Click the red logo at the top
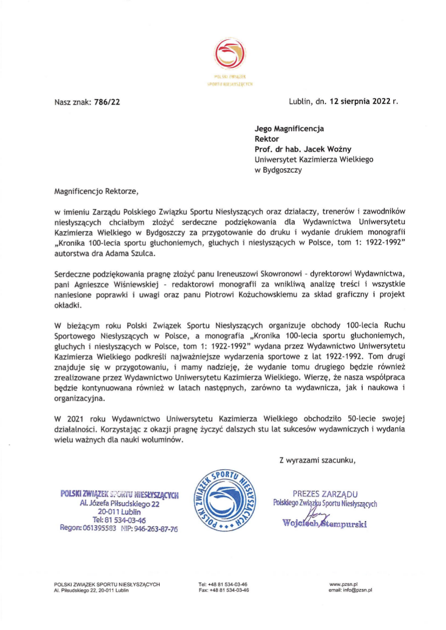(231, 56)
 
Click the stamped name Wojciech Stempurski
(325, 522)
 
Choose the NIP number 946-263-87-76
(155, 529)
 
